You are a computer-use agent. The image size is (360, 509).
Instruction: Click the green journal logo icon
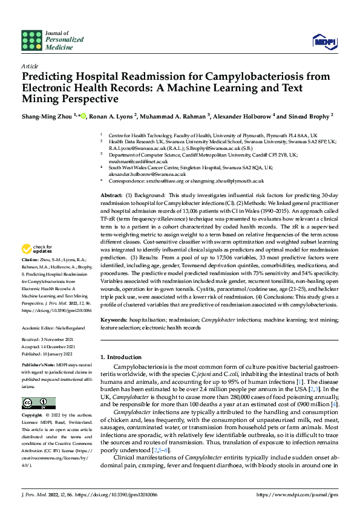pos(31,40)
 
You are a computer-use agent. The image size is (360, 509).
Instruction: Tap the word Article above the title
pos(29,66)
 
